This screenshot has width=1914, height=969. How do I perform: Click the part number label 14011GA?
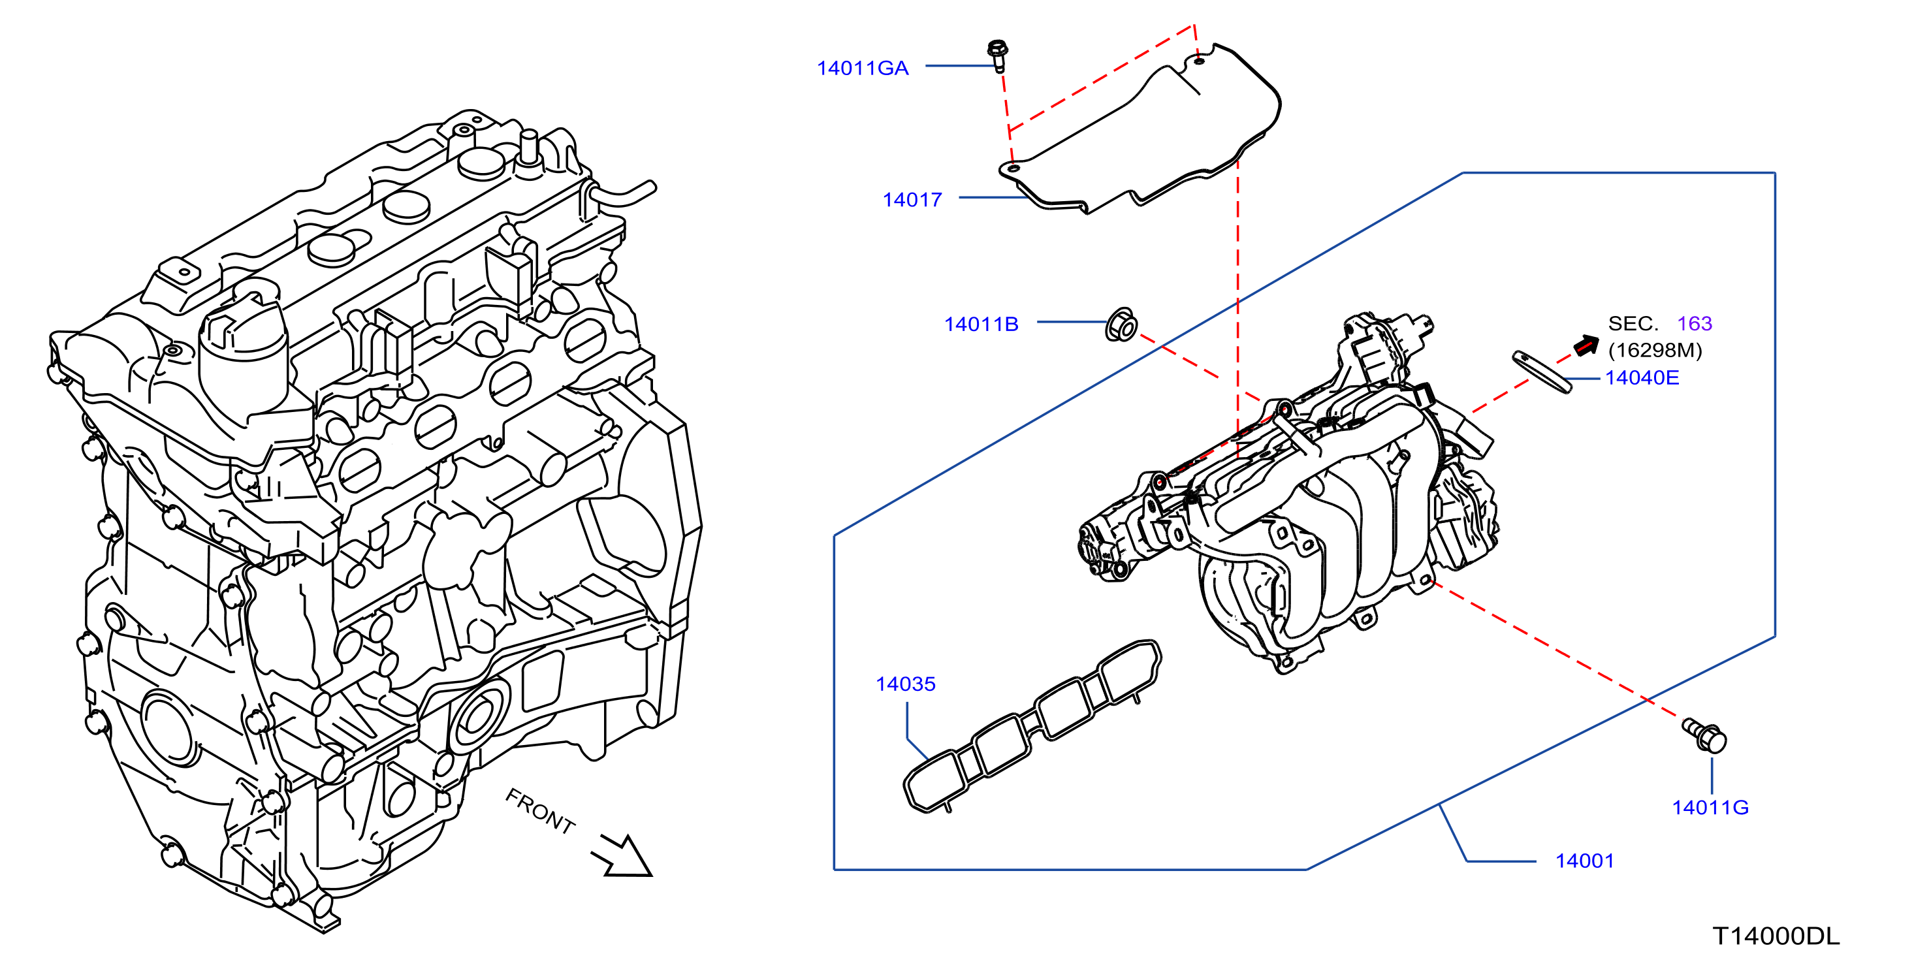coord(863,69)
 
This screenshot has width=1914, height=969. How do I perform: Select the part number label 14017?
coord(912,200)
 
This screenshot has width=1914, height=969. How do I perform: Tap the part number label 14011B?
coord(981,324)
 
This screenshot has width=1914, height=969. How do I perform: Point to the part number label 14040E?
coord(1642,377)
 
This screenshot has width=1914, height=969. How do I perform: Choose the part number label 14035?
coord(905,684)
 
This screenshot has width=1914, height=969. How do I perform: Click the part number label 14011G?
coord(1710,807)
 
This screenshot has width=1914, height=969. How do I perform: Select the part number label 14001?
coord(1585,861)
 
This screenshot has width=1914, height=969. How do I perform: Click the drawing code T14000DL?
coord(1776,936)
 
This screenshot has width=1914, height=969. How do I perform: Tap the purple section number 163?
coord(1695,323)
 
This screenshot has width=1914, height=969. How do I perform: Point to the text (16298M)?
coord(1655,350)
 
